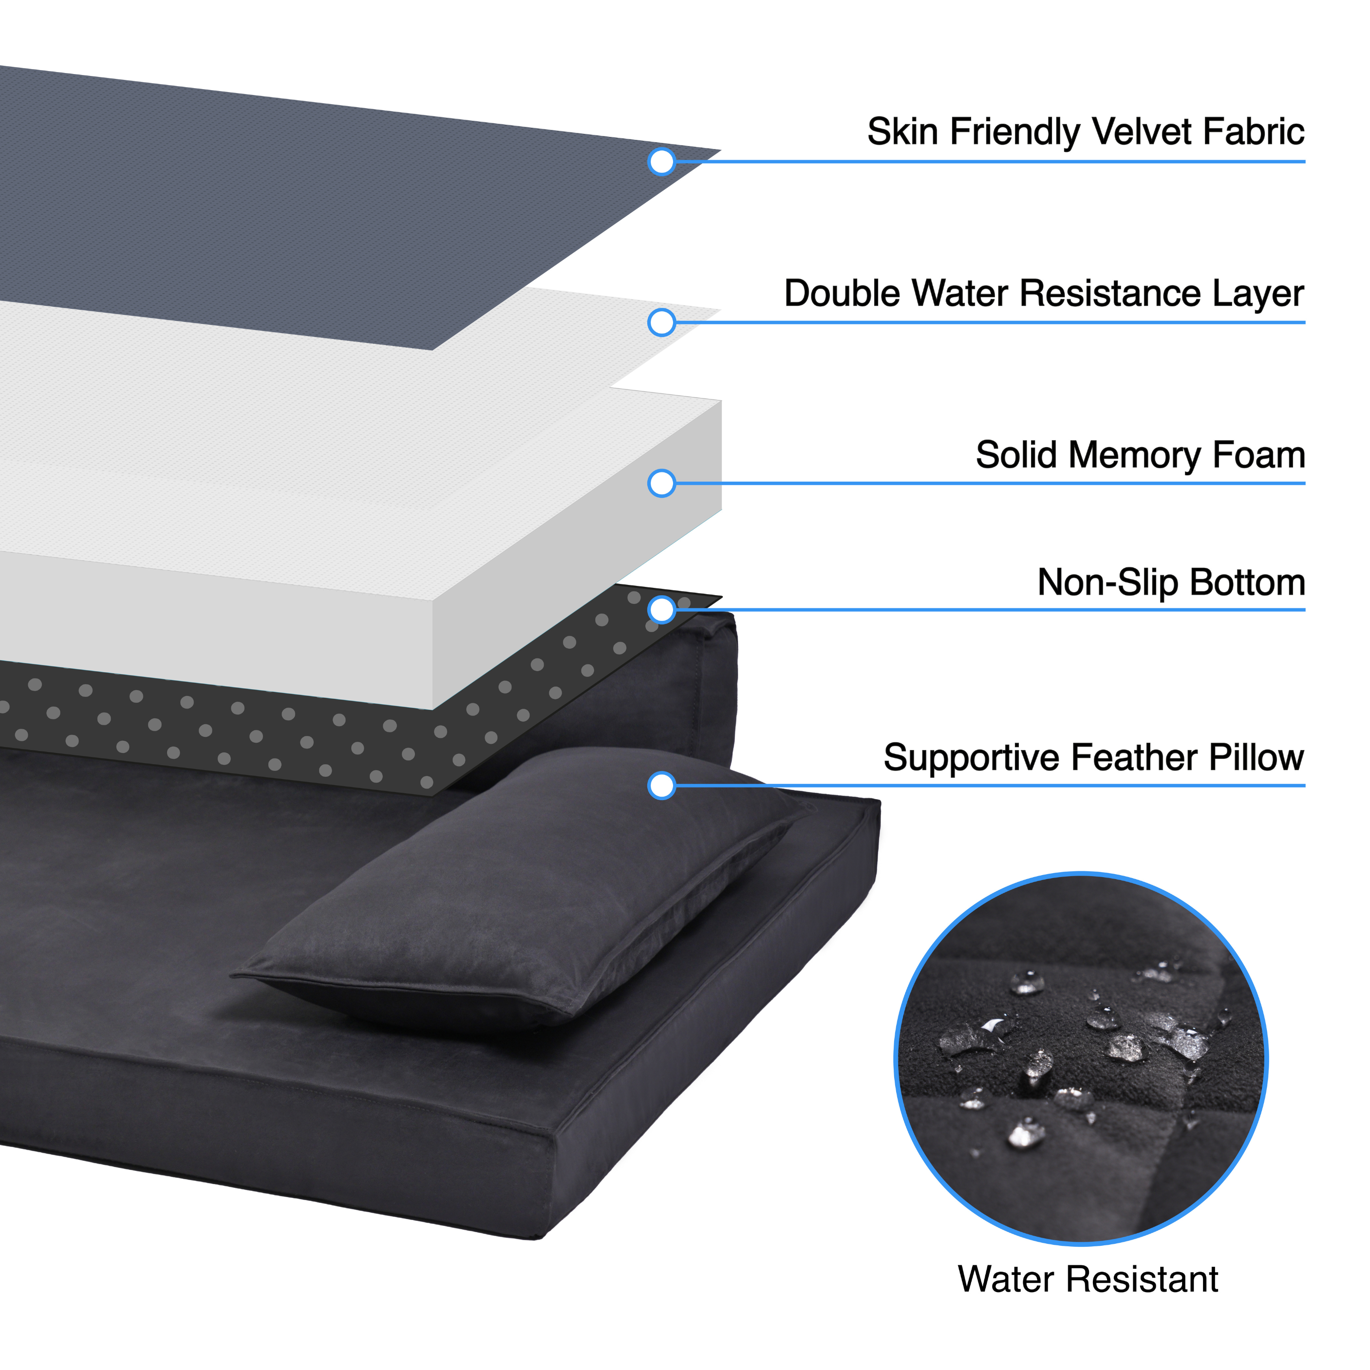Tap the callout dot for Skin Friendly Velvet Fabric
click(661, 162)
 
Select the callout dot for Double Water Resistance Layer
click(661, 322)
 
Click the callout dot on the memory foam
click(661, 484)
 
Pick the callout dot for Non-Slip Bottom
click(661, 610)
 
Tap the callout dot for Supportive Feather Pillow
click(661, 786)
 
